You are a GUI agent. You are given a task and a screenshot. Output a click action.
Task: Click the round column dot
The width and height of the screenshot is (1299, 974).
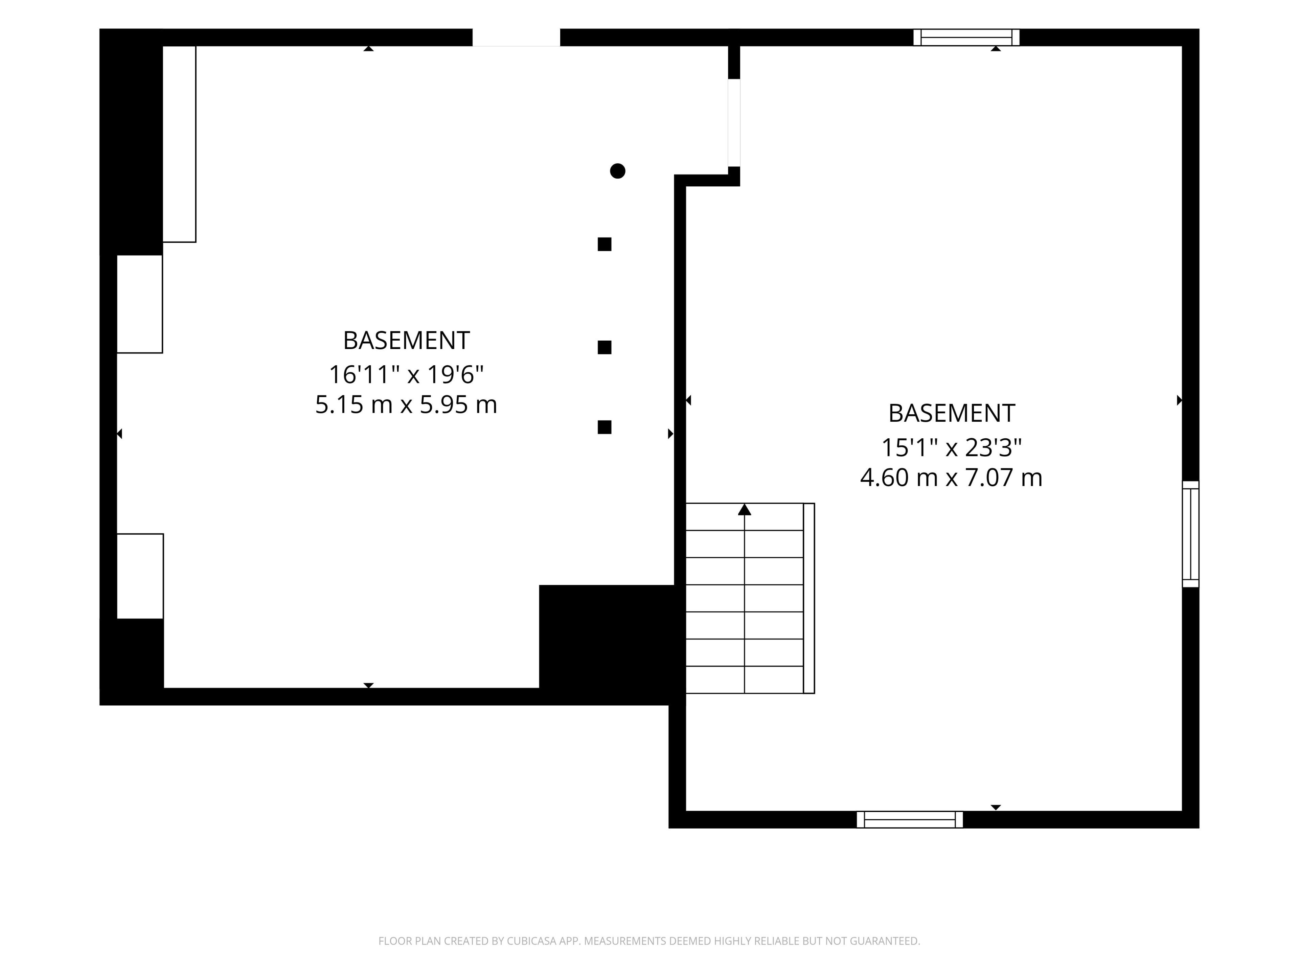pyautogui.click(x=617, y=171)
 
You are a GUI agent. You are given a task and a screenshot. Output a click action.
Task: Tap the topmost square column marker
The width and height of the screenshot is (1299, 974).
pyautogui.click(x=604, y=244)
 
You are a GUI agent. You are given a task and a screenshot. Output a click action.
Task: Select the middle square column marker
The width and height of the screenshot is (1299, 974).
pyautogui.click(x=604, y=348)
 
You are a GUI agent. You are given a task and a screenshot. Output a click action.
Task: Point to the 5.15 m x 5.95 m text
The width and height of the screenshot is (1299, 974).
pyautogui.click(x=406, y=404)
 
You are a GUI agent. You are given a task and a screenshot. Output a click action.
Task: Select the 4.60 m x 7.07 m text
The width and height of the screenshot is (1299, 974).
pyautogui.click(x=951, y=477)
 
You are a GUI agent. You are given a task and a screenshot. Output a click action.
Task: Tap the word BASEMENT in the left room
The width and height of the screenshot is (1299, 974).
pyautogui.click(x=406, y=341)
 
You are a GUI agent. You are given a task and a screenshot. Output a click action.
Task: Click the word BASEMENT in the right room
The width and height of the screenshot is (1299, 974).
pyautogui.click(x=951, y=413)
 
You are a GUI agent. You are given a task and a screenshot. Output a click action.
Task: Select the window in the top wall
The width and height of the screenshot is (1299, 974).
pyautogui.click(x=966, y=37)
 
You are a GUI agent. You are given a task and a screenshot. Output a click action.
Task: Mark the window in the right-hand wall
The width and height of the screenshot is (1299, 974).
pyautogui.click(x=1190, y=534)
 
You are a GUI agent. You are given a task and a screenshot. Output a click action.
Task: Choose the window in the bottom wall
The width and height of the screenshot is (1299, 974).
pyautogui.click(x=910, y=819)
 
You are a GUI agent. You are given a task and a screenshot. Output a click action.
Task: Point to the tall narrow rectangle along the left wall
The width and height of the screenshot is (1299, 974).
pyautogui.click(x=179, y=144)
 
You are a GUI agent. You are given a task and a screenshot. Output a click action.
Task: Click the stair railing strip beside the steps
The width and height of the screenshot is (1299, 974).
pyautogui.click(x=808, y=598)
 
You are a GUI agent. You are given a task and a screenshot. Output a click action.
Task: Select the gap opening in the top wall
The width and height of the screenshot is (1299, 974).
pyautogui.click(x=516, y=37)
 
